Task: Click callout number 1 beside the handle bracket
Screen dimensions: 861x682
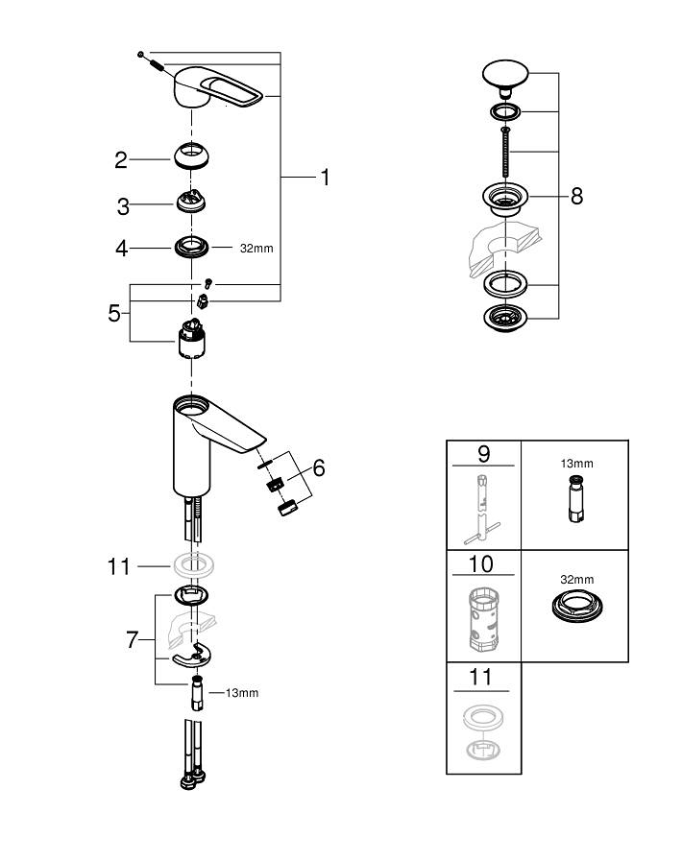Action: (x=325, y=178)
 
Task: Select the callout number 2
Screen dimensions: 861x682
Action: (x=121, y=160)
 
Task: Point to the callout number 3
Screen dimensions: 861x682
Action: (x=122, y=206)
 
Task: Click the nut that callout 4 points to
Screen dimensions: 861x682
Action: (x=193, y=246)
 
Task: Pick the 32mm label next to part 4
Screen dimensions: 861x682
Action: (x=256, y=248)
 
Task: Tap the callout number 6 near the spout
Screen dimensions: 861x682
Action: (x=318, y=467)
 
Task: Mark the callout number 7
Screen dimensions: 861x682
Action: (x=133, y=639)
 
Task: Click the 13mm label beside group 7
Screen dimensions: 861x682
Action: (x=241, y=692)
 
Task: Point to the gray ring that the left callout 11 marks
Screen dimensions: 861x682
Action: (x=193, y=565)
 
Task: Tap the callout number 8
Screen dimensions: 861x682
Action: (x=576, y=196)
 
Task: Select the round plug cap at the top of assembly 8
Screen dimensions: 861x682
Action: (x=505, y=73)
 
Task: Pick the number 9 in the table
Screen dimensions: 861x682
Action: (x=483, y=452)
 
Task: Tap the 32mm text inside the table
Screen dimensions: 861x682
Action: (x=576, y=580)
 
